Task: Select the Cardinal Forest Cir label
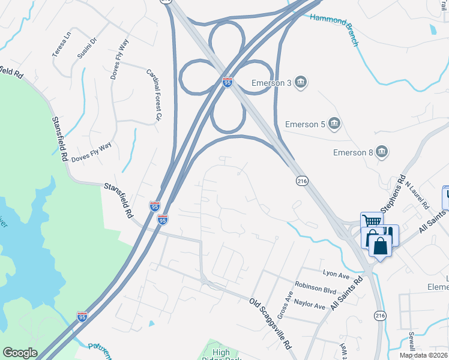tap(154, 95)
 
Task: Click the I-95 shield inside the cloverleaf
tap(227, 82)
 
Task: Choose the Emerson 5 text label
tap(305, 124)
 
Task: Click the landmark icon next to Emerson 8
tap(382, 153)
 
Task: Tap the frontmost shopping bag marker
tap(381, 245)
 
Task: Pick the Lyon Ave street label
tap(336, 275)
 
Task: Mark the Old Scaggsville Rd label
tap(273, 325)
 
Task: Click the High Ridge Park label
tap(221, 354)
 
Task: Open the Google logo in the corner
tap(20, 353)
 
